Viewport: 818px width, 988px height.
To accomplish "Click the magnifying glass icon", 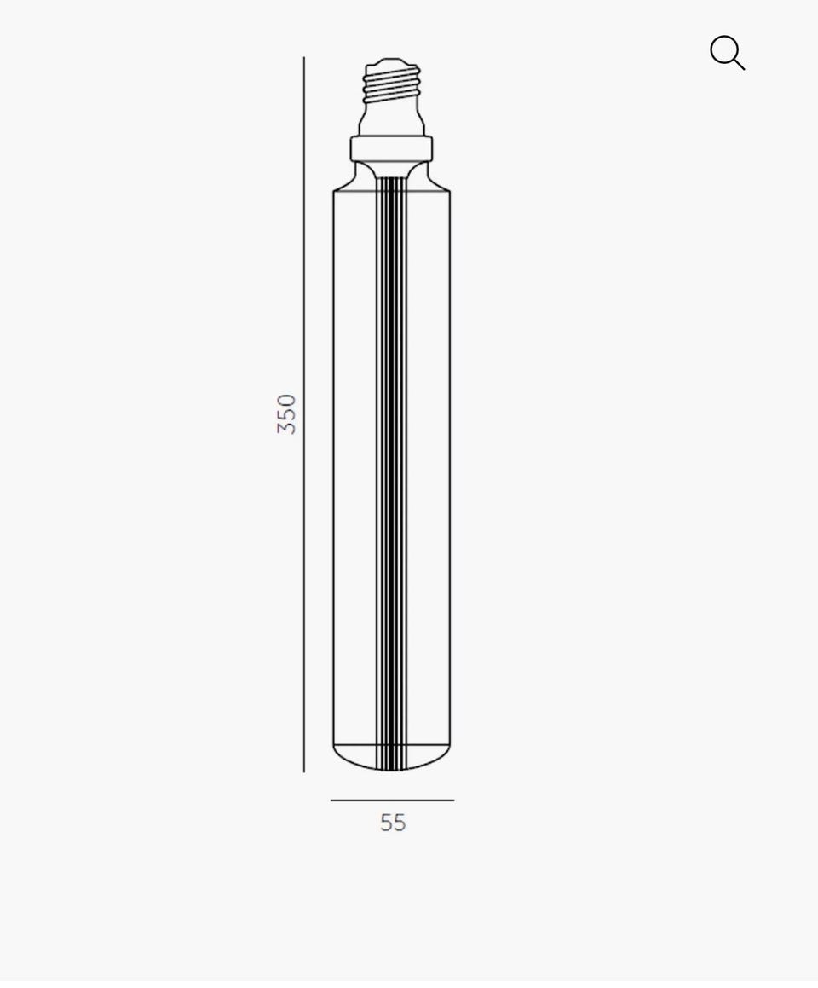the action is click(x=728, y=52).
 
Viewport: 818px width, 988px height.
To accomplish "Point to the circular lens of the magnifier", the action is click(x=723, y=49).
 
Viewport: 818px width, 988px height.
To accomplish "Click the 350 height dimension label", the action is click(x=286, y=414).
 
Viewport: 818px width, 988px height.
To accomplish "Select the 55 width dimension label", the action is click(x=393, y=823).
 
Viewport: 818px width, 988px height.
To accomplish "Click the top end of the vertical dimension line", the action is click(x=304, y=57).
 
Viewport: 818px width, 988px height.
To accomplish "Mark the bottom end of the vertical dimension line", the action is click(x=304, y=771).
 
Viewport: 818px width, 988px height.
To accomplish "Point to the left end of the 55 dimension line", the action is click(x=331, y=800).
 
